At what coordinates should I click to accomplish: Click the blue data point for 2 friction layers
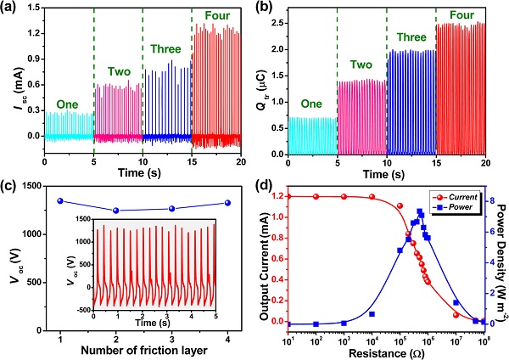[x=115, y=211]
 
